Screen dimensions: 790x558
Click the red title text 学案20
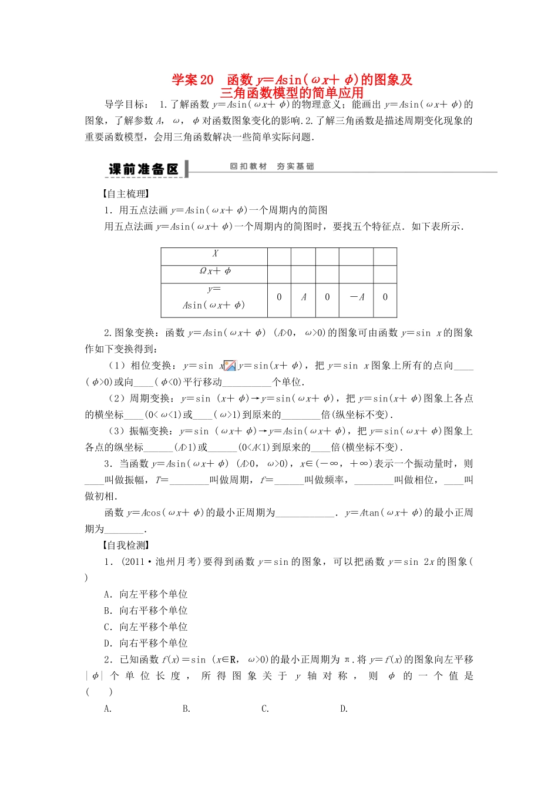[x=193, y=80]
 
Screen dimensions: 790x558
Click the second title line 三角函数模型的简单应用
[x=292, y=93]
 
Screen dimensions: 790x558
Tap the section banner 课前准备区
[x=143, y=169]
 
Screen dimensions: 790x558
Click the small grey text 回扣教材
[x=248, y=166]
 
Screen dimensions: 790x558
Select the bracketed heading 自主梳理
[x=125, y=194]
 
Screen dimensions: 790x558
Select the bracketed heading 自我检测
[x=125, y=545]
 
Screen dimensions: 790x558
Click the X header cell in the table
[x=214, y=254]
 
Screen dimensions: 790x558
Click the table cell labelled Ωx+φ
[x=214, y=271]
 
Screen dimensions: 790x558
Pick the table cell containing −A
[x=357, y=297]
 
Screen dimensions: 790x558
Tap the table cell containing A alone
[x=303, y=297]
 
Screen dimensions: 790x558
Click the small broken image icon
[x=230, y=366]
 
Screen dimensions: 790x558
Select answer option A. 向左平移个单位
[x=146, y=594]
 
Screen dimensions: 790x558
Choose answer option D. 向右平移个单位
[x=146, y=643]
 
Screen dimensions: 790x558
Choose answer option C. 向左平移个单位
[x=146, y=627]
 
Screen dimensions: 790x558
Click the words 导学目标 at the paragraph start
[x=125, y=105]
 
